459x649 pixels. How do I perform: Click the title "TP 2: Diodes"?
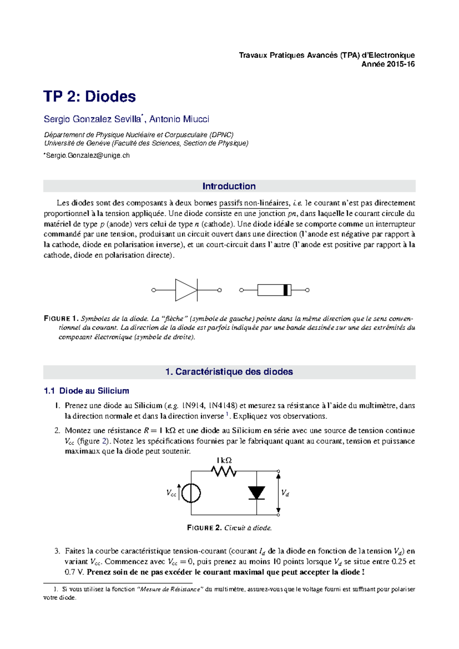(x=90, y=96)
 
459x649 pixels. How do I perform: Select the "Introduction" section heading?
(x=229, y=186)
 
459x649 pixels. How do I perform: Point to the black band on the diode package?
(x=285, y=290)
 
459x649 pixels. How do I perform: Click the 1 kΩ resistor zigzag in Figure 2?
(x=224, y=471)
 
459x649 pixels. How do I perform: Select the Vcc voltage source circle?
(x=191, y=493)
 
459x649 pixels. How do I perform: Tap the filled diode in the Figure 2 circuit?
(x=256, y=493)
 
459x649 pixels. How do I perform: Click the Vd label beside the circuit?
(x=285, y=493)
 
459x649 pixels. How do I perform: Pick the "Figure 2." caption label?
(x=204, y=528)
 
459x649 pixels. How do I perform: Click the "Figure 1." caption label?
(x=61, y=319)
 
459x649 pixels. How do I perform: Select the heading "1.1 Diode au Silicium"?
(x=86, y=391)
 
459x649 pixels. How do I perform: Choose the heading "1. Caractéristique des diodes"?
(x=229, y=372)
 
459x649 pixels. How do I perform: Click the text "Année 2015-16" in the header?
(x=388, y=64)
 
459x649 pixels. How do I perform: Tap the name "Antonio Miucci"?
(x=179, y=119)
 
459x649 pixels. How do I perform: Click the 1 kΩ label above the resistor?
(x=224, y=460)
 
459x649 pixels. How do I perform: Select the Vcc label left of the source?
(x=171, y=493)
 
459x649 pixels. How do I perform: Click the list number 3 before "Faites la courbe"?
(x=57, y=551)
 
